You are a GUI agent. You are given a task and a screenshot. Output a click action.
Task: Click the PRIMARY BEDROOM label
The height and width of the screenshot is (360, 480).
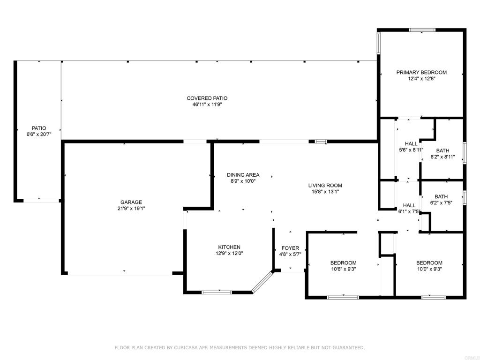pos(421,72)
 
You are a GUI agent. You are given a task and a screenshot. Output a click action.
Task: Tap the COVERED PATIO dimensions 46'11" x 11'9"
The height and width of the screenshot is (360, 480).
pos(207,105)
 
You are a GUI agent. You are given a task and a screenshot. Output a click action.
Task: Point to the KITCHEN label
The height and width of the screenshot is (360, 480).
pos(229,247)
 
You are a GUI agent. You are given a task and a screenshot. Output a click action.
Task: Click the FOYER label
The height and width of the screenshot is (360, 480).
pos(290,248)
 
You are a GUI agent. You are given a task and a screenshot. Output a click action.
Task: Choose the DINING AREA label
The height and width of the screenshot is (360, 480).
pos(243,175)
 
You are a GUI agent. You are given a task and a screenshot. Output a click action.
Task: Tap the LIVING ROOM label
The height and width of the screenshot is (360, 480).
pos(325,185)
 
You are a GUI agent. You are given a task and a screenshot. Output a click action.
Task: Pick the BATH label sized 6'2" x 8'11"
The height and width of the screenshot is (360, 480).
pos(442,150)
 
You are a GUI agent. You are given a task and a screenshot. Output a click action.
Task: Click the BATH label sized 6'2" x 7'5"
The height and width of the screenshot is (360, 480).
pos(441,197)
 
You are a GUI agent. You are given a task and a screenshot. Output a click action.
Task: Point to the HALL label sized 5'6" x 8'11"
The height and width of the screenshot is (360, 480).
pos(411,144)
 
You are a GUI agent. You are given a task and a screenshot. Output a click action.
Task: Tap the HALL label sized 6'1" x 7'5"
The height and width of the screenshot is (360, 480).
pos(409,205)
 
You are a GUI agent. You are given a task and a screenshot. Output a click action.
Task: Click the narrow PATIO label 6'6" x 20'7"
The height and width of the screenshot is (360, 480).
pos(39,128)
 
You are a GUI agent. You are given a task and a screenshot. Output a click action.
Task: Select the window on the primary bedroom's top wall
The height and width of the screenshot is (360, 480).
pos(422,30)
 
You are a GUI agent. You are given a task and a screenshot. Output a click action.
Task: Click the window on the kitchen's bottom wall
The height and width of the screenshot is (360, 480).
pos(217,292)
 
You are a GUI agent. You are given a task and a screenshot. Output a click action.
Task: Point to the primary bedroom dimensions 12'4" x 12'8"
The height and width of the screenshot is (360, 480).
pos(421,79)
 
